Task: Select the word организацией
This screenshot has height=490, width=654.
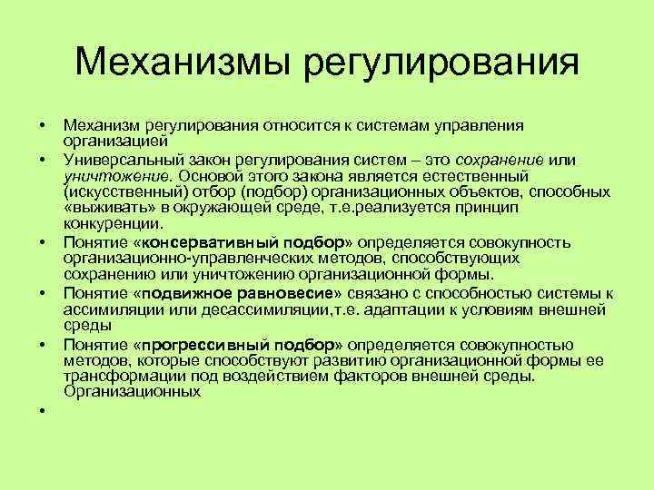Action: pyautogui.click(x=115, y=141)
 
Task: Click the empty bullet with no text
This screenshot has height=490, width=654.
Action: pyautogui.click(x=42, y=411)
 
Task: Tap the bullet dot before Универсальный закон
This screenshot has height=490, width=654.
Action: pyautogui.click(x=42, y=161)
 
